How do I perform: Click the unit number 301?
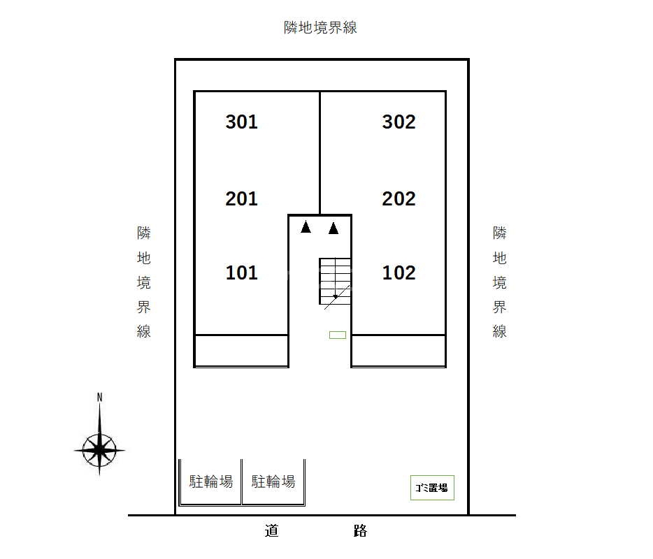click(x=241, y=122)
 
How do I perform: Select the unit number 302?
click(x=399, y=122)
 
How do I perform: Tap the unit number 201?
click(x=241, y=198)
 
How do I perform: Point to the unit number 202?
click(x=399, y=198)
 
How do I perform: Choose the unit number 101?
click(x=241, y=273)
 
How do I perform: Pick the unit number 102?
click(x=399, y=273)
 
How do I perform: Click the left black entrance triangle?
click(x=306, y=227)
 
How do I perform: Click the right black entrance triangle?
click(x=333, y=228)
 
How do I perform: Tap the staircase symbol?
click(x=336, y=282)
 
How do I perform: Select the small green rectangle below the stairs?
click(x=338, y=335)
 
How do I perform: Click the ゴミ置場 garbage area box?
click(x=432, y=488)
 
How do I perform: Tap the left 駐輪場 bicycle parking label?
click(x=211, y=481)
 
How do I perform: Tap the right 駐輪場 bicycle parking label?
click(x=273, y=481)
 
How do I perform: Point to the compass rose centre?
click(x=99, y=450)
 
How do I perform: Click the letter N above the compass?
click(x=99, y=398)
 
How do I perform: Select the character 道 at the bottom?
click(x=271, y=530)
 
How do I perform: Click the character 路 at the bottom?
click(x=360, y=530)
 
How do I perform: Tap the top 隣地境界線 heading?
click(x=320, y=27)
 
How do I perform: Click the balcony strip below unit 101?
click(x=241, y=351)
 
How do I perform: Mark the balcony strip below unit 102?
click(x=399, y=351)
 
